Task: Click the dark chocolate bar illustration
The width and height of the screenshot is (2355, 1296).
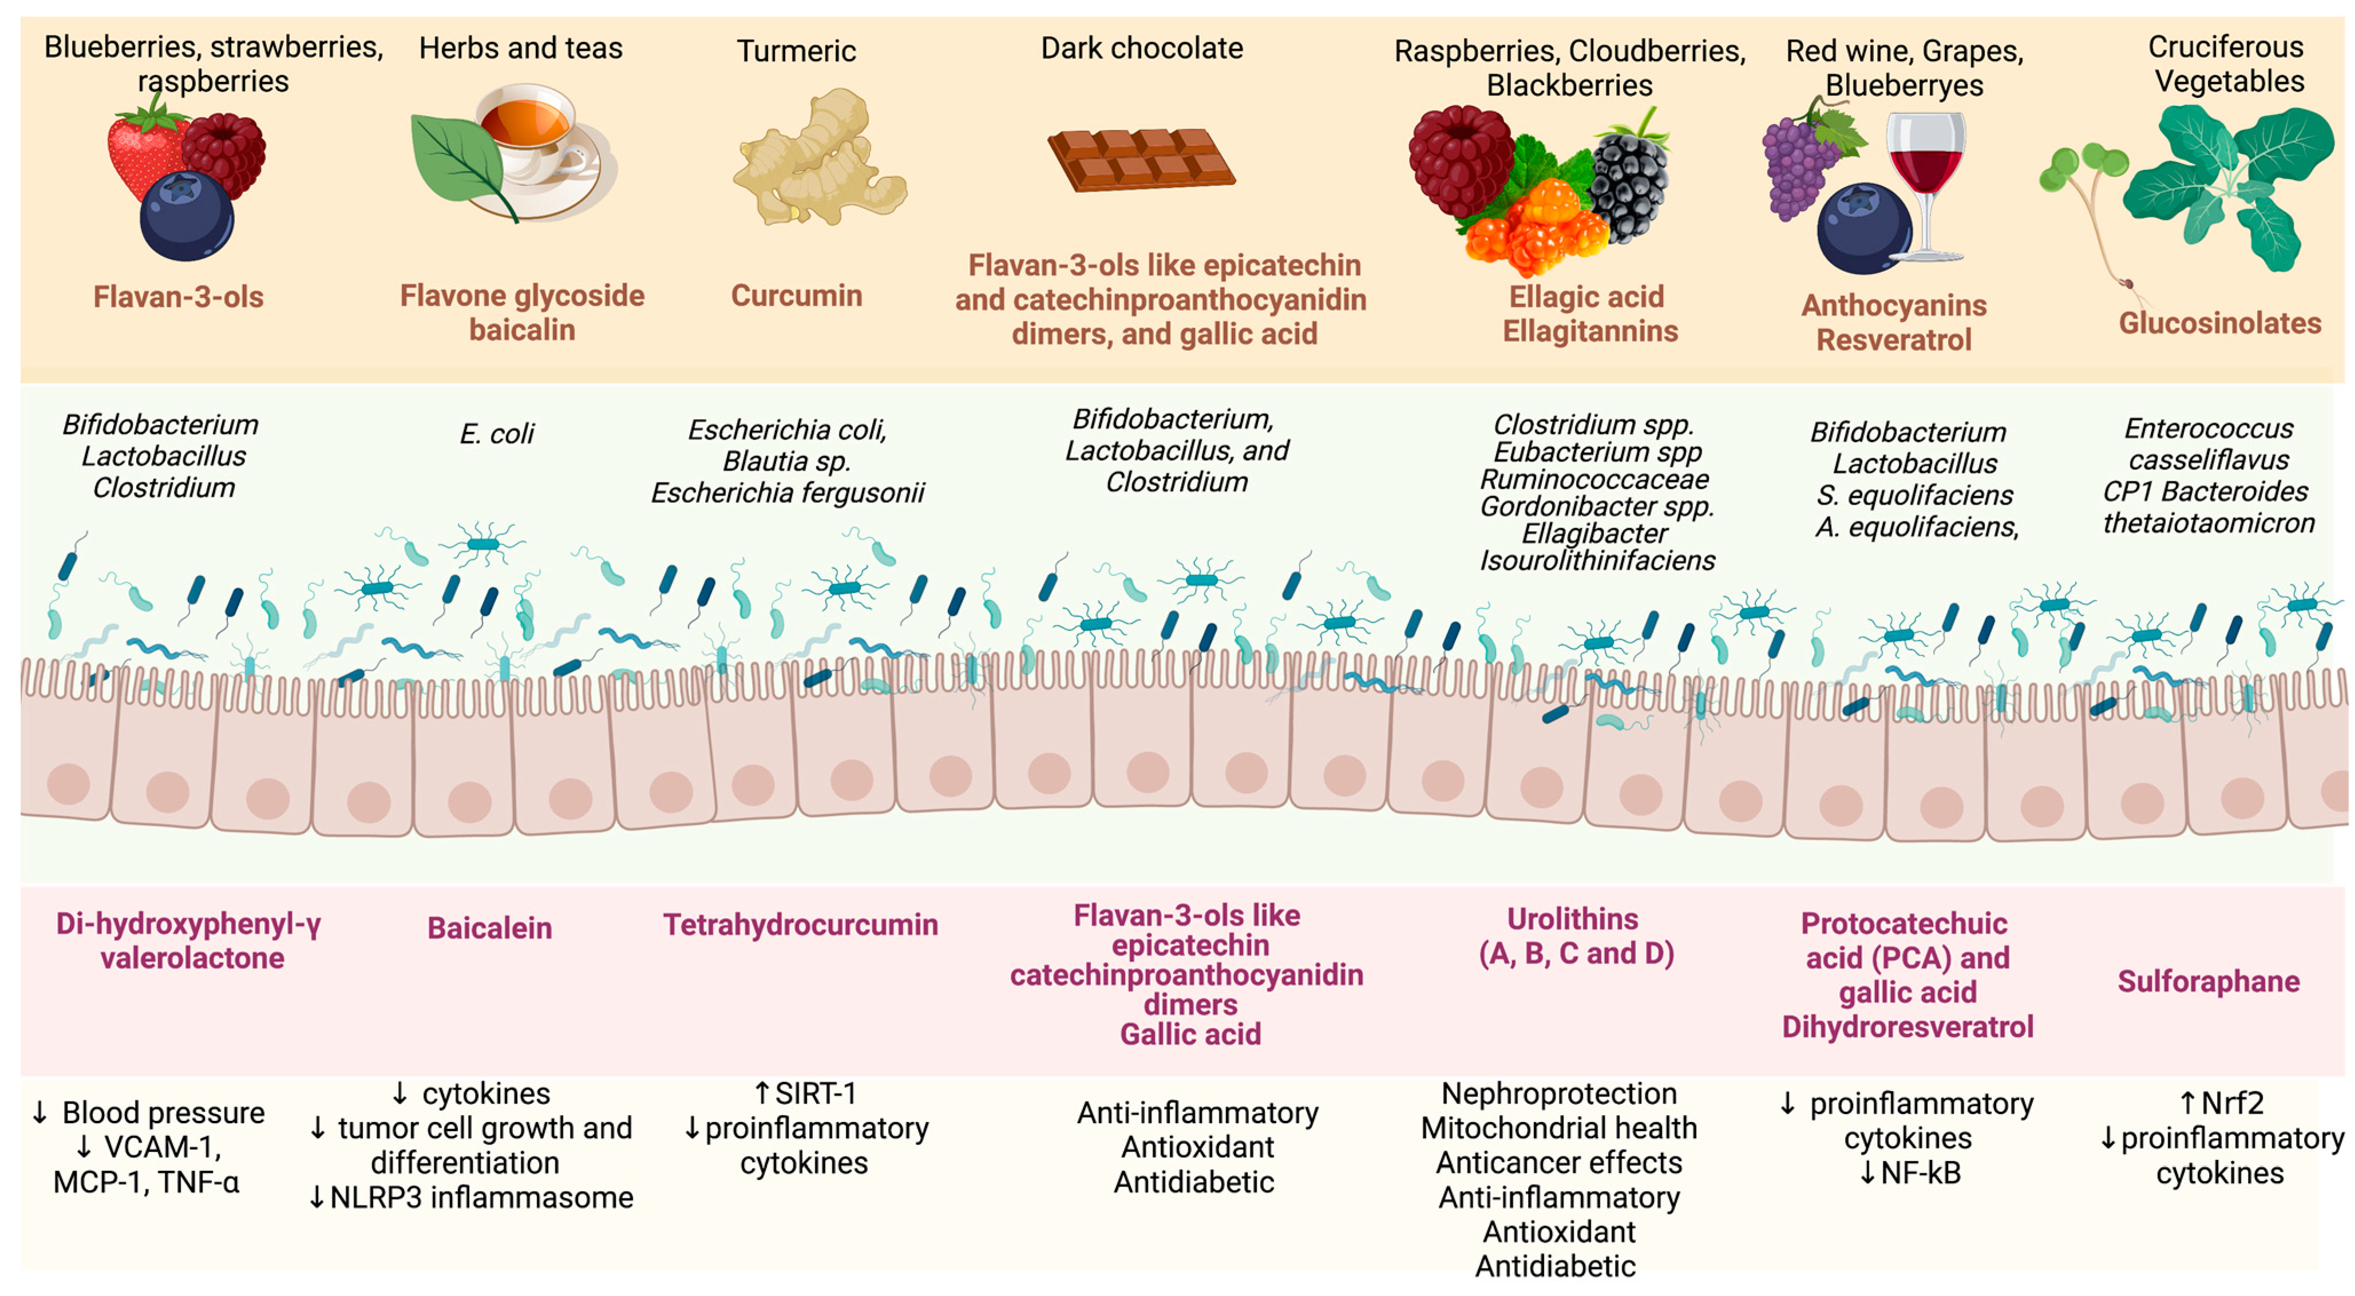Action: pyautogui.click(x=1141, y=160)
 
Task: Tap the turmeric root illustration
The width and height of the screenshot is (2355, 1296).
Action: pyautogui.click(x=817, y=160)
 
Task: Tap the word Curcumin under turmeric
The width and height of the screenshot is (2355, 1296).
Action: pyautogui.click(x=796, y=295)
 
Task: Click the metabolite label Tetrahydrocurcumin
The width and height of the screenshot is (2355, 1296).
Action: pyautogui.click(x=800, y=925)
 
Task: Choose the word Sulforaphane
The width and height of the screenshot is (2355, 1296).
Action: pyautogui.click(x=2208, y=982)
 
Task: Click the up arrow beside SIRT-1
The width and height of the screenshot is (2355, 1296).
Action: pyautogui.click(x=762, y=1093)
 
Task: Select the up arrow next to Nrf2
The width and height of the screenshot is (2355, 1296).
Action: pyautogui.click(x=2188, y=1103)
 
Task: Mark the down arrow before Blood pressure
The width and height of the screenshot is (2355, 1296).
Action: pyautogui.click(x=40, y=1112)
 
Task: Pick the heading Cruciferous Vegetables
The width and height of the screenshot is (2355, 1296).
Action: pyautogui.click(x=2228, y=64)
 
